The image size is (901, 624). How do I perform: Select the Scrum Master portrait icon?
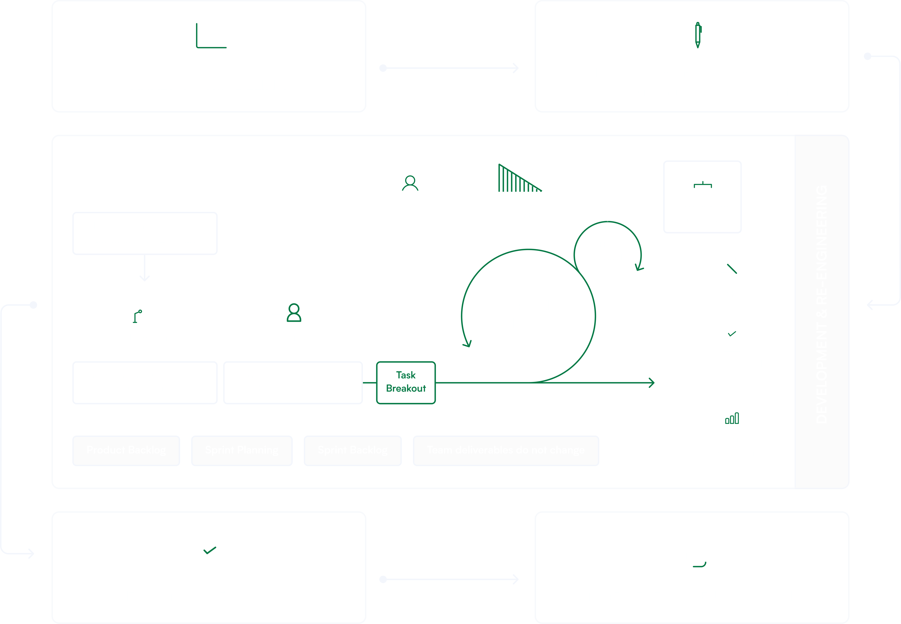(x=410, y=181)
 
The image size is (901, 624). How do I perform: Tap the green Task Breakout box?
(x=406, y=382)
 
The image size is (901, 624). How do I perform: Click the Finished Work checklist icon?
(x=732, y=339)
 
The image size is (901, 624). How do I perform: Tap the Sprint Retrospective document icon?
(x=732, y=414)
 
